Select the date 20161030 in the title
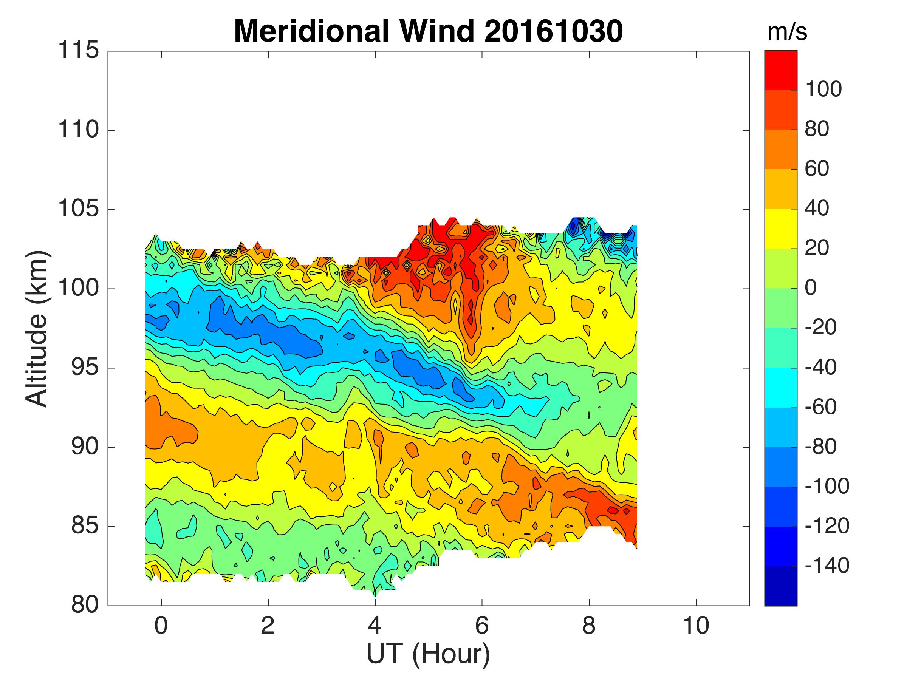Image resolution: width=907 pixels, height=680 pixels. tap(553, 31)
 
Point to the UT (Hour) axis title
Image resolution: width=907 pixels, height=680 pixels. tap(428, 654)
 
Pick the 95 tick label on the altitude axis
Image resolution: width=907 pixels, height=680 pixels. tap(85, 368)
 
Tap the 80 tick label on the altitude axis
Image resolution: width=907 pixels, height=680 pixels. tap(85, 605)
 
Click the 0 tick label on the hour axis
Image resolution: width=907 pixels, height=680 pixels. tap(161, 626)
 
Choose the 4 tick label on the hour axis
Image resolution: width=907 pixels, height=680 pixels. tap(375, 626)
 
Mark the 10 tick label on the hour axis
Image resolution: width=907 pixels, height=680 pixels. tap(696, 626)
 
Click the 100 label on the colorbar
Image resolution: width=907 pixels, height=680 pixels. tap(823, 90)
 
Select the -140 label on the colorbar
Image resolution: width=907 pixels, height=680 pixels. tap(827, 566)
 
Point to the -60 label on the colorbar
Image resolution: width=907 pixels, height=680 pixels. tap(820, 407)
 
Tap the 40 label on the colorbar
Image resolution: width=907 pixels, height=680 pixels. tap(817, 209)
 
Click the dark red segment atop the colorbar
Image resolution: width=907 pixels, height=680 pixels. tap(781, 70)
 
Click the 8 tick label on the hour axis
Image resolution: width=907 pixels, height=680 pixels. tap(589, 626)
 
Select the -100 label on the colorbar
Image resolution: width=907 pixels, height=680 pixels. tap(827, 487)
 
